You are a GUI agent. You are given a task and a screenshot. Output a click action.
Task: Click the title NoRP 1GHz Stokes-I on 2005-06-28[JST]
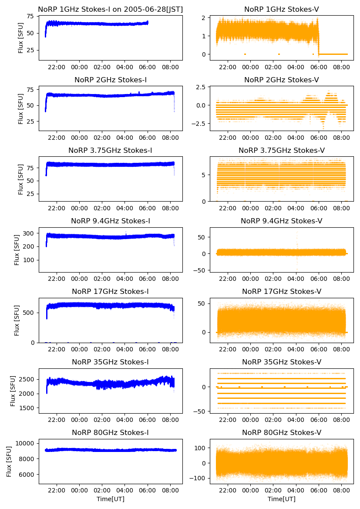[x=111, y=9]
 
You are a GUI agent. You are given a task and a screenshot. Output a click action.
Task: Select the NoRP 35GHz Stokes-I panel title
[x=111, y=362]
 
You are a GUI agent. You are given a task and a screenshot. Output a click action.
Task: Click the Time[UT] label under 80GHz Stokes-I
[x=111, y=499]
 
